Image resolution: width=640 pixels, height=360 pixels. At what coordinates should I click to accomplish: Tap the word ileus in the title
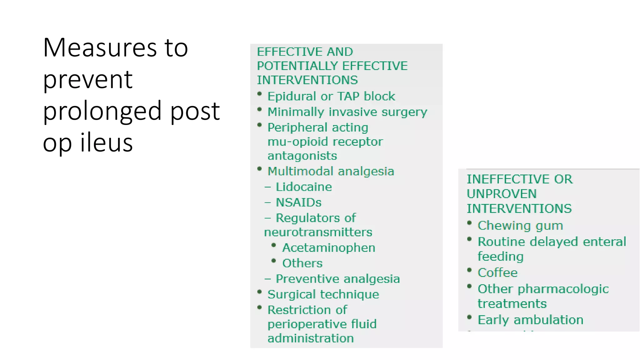click(107, 142)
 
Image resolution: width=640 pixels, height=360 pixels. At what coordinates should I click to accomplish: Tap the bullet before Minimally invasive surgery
click(259, 109)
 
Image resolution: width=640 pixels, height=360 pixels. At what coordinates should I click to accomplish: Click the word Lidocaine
click(303, 187)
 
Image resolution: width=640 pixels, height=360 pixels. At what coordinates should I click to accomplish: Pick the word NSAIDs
click(298, 202)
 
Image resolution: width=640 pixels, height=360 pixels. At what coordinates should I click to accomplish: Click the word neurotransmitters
click(318, 232)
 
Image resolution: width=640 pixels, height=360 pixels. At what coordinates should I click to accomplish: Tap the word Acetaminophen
click(328, 248)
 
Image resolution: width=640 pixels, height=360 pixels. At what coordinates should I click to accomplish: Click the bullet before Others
click(274, 261)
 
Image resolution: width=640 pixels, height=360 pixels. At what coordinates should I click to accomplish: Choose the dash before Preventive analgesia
click(267, 279)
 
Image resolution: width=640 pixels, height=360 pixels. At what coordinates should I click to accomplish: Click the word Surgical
click(291, 294)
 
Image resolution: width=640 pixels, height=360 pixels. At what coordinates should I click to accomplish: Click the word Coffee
click(497, 273)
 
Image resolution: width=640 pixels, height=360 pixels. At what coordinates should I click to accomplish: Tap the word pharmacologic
click(563, 289)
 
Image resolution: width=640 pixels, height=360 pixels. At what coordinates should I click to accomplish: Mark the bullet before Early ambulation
click(469, 317)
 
